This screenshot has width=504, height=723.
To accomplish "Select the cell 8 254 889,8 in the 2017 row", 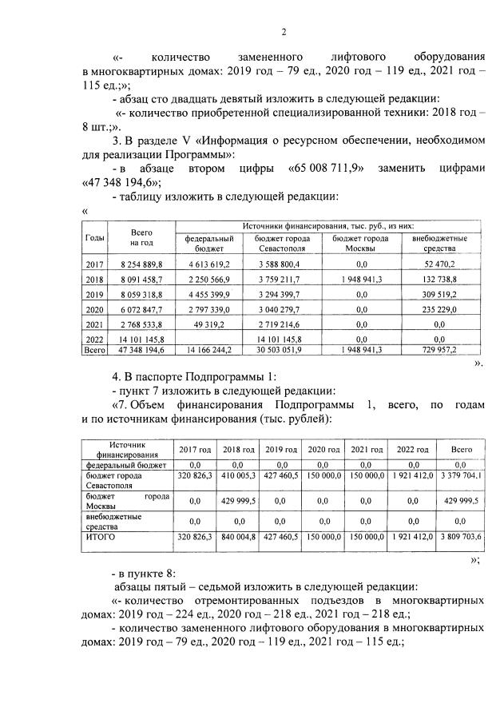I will (141, 264).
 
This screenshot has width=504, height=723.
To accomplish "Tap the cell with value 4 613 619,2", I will (208, 264).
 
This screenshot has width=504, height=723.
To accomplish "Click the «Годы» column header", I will (94, 238).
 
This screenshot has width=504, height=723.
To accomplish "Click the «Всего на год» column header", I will (141, 237).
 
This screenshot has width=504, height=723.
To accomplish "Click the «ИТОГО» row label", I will (101, 538).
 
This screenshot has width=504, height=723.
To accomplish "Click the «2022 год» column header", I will (412, 449).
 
